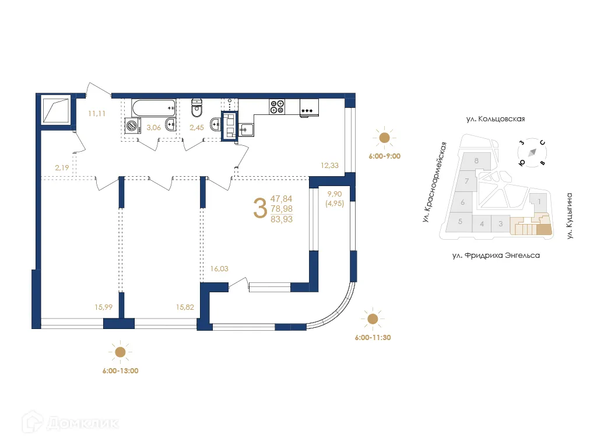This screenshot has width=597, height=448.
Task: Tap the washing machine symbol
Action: point(133,125)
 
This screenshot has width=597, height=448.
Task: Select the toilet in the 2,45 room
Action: point(198,107)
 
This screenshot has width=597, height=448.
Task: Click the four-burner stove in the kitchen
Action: point(277,107)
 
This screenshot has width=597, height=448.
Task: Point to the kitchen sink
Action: point(244,129)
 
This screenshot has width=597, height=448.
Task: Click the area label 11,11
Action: point(97,113)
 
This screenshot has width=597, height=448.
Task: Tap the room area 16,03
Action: point(219,269)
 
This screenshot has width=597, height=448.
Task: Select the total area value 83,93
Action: point(282,219)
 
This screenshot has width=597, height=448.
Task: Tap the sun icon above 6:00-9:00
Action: point(384,138)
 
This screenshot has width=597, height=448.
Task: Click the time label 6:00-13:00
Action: point(120,370)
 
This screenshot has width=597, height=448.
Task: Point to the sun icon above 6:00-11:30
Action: point(372,318)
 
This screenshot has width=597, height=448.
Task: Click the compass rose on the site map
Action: point(533,153)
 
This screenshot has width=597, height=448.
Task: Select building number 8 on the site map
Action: point(476,160)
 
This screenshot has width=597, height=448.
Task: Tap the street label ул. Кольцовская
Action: point(496,119)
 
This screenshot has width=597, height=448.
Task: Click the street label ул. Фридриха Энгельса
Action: point(496,256)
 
